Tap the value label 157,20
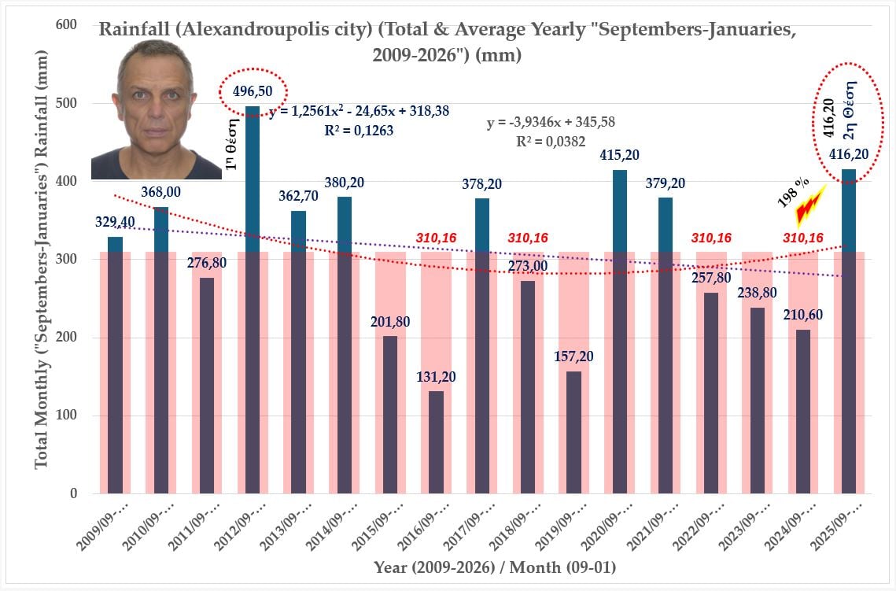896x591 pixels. point(574,356)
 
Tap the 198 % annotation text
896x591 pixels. point(788,194)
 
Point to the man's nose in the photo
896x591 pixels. point(157,103)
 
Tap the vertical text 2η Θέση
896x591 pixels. point(859,113)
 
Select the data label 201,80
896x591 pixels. point(391,321)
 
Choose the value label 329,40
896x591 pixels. point(115,222)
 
